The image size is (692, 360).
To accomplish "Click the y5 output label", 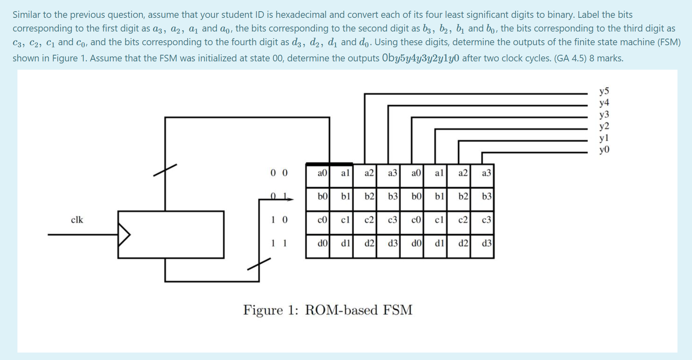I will pos(604,91).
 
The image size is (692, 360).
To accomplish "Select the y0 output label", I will pos(604,150).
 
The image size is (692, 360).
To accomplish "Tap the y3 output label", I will pos(604,114).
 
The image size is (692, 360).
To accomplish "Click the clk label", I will pos(77,220).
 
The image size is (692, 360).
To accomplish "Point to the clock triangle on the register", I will pos(124,235).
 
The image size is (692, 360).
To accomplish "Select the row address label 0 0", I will pos(279,173).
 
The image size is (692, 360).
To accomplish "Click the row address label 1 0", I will pos(279,220).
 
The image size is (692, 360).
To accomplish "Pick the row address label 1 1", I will pos(279,243).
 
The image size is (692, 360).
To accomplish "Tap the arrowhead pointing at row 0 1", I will pos(290,199).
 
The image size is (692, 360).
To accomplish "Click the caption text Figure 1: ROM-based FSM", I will pos(328,310).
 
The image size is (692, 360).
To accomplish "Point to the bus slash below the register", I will pos(259,264).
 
